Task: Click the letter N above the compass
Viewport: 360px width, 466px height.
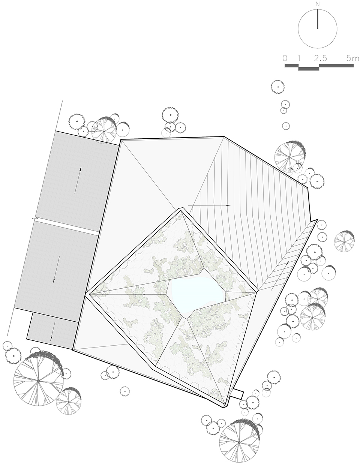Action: click(318, 4)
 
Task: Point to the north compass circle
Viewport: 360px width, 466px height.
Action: click(318, 29)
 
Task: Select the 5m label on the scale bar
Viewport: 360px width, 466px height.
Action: click(352, 58)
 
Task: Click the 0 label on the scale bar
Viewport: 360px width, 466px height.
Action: click(285, 58)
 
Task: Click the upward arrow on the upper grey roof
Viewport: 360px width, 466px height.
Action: click(78, 180)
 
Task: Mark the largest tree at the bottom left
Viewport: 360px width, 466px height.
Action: click(38, 381)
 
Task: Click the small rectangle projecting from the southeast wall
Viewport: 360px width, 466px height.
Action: click(238, 394)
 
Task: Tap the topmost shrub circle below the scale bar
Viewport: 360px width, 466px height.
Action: click(277, 87)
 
